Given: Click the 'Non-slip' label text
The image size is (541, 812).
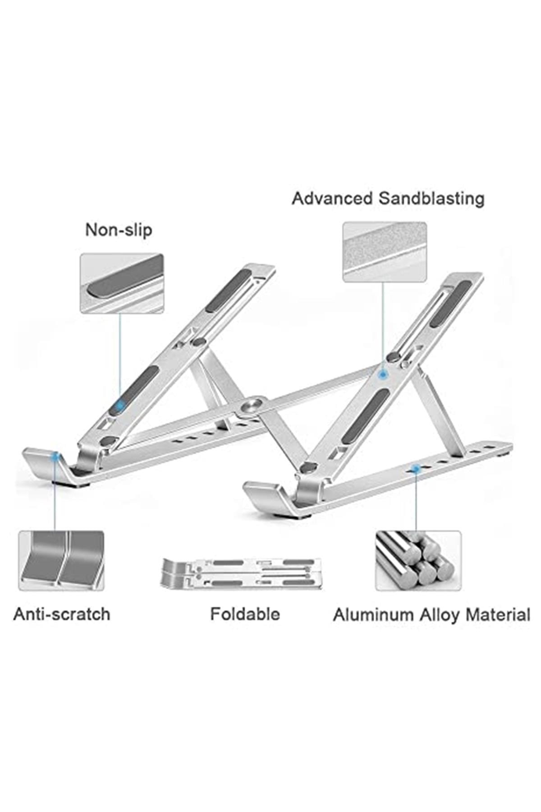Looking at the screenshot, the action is click(x=119, y=230).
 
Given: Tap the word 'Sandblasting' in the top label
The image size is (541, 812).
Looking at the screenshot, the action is click(x=432, y=198).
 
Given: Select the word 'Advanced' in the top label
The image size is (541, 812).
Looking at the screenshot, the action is click(x=332, y=198).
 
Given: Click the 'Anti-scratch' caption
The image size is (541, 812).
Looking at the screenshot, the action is click(x=62, y=614).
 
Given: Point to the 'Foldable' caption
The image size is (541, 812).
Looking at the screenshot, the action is click(x=245, y=614).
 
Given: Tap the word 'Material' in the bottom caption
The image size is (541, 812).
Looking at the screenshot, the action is click(x=498, y=615).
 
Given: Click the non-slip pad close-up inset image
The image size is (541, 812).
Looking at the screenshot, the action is click(x=122, y=283).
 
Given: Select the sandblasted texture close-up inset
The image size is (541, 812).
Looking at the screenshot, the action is click(x=385, y=252).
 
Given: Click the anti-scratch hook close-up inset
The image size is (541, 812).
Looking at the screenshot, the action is click(x=61, y=561).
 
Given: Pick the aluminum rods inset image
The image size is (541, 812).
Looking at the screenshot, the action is click(x=418, y=561).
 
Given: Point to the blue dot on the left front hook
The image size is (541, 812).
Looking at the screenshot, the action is click(x=55, y=457).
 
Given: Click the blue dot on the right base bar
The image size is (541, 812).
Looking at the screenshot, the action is click(x=415, y=469).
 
